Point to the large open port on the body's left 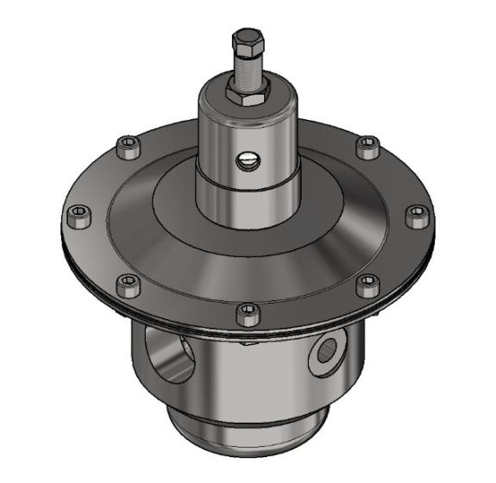(171, 349)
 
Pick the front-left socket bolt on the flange (127, 281)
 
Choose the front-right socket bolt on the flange (365, 281)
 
